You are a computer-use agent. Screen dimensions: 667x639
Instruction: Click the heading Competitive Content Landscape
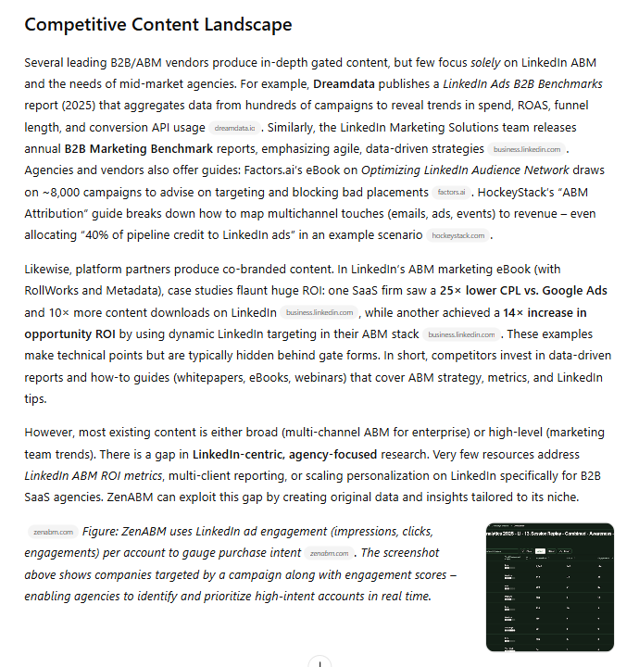pyautogui.click(x=157, y=25)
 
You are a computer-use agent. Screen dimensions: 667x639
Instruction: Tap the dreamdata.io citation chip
pyautogui.click(x=233, y=128)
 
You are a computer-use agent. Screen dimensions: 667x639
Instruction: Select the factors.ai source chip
pyautogui.click(x=451, y=193)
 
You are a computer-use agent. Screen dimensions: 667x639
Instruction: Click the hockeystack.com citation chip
pyautogui.click(x=457, y=235)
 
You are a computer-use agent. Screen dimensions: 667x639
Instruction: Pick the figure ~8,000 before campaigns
pyautogui.click(x=60, y=193)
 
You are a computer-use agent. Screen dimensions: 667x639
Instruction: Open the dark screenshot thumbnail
pyautogui.click(x=549, y=586)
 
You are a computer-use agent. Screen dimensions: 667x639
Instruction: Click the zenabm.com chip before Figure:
pyautogui.click(x=52, y=532)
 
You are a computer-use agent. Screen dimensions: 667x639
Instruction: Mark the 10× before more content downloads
pyautogui.click(x=59, y=312)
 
